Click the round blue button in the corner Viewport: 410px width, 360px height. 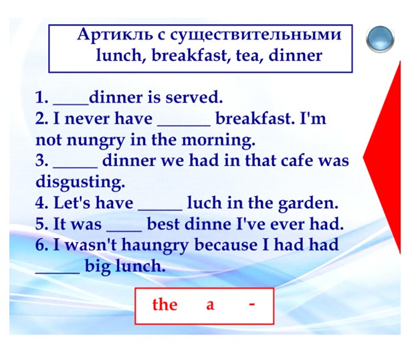coord(380,39)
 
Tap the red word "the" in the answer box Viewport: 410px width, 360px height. coord(165,304)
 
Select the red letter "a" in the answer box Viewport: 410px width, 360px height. coord(210,306)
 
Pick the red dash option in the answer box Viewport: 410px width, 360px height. coord(251,304)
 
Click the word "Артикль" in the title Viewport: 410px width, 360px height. coord(115,34)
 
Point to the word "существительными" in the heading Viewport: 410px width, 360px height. coord(256,35)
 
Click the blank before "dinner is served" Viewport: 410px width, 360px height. coord(71,104)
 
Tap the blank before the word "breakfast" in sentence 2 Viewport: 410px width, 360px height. coord(184,126)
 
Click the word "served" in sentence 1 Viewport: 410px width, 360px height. coord(194,97)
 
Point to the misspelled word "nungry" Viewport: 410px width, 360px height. coord(96,141)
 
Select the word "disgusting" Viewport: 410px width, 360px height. coord(80,182)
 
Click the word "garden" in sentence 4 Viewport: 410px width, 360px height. coord(308,203)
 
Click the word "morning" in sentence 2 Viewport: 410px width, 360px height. coord(218,141)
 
